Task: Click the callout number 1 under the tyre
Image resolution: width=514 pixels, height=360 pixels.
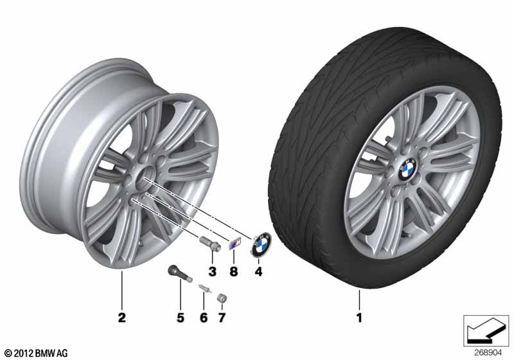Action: click(359, 318)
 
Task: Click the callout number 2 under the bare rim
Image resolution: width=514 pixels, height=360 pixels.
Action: click(121, 318)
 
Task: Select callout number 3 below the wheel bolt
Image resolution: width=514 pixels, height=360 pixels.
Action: click(212, 271)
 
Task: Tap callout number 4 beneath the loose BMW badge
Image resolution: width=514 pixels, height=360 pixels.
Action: click(259, 271)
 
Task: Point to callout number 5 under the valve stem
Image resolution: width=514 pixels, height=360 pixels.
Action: click(181, 318)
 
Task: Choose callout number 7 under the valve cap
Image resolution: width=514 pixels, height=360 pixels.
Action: click(223, 318)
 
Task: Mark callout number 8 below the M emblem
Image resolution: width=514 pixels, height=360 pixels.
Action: click(233, 271)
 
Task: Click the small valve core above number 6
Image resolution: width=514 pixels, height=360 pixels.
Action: click(204, 290)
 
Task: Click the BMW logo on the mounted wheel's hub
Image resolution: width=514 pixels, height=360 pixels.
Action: click(406, 169)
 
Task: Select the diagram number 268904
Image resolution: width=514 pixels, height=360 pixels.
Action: click(488, 353)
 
